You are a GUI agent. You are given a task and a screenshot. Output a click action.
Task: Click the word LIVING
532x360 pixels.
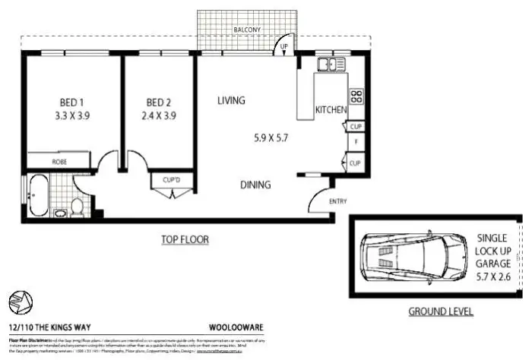coord(231,100)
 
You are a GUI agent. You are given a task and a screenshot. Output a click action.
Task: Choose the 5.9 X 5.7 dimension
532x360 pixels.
coord(271,137)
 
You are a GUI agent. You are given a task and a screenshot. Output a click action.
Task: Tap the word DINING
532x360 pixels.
coord(255,185)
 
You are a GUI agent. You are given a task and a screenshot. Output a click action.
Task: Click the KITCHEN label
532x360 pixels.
coord(331,110)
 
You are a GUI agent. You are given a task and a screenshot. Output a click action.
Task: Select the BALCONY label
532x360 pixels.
coord(248,30)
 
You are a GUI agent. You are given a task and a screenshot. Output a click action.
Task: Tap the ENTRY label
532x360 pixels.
coord(337,201)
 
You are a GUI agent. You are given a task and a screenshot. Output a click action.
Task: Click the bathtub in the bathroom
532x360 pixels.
coord(39,196)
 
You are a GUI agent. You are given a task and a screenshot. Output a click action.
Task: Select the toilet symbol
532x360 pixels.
coord(75,206)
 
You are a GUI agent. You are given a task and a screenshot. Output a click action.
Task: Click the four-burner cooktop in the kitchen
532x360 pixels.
coord(356,96)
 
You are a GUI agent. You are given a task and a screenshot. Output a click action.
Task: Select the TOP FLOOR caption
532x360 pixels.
coord(184,240)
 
